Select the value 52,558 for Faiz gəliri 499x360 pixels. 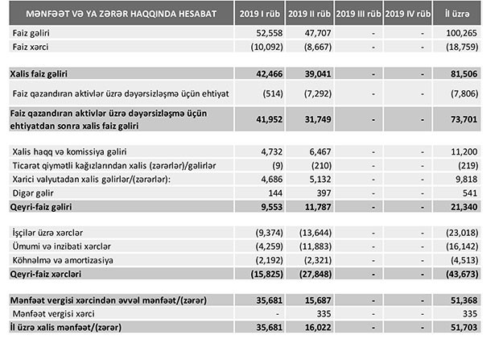(265, 32)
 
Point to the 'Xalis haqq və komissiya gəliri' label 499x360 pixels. (71, 151)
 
